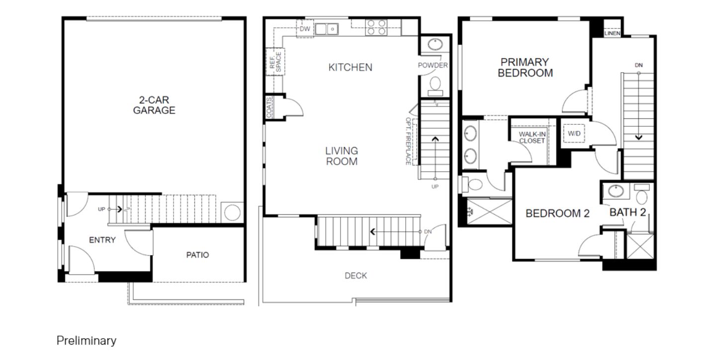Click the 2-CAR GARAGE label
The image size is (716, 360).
(154, 105)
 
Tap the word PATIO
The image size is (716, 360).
(197, 255)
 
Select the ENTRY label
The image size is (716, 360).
(102, 240)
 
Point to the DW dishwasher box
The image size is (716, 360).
(305, 29)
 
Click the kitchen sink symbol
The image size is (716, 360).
(326, 29)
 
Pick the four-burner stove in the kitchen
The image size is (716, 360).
(376, 27)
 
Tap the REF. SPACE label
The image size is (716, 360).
(275, 62)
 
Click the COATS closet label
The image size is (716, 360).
(269, 107)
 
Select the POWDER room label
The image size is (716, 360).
(433, 65)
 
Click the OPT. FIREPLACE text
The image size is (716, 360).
(408, 141)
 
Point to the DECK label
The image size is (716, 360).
(356, 275)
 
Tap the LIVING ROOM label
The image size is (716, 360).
(342, 156)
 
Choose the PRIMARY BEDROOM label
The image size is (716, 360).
(525, 68)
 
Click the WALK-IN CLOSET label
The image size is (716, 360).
(532, 137)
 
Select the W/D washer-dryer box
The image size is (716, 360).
(574, 133)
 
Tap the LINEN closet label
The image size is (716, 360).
(613, 33)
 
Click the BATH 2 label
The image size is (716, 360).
(628, 212)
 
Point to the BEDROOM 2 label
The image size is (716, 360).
(557, 213)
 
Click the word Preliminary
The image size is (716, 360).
(87, 341)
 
